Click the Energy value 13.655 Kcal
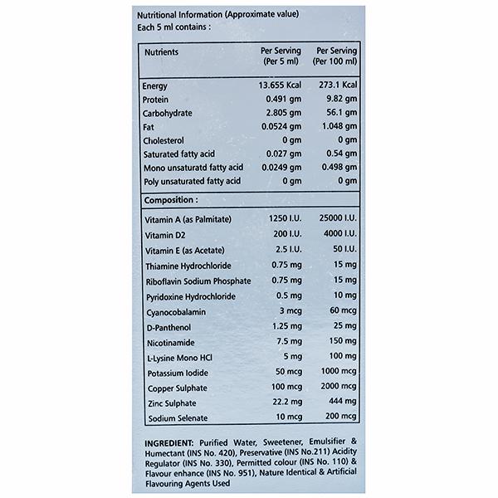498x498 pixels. [x=275, y=85]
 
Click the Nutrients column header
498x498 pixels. [x=164, y=51]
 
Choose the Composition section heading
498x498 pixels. [x=170, y=200]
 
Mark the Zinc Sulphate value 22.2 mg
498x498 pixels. [x=278, y=402]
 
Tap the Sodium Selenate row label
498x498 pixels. [x=177, y=417]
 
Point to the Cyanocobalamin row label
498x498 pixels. [x=175, y=311]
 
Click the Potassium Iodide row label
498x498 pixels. [x=176, y=371]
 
